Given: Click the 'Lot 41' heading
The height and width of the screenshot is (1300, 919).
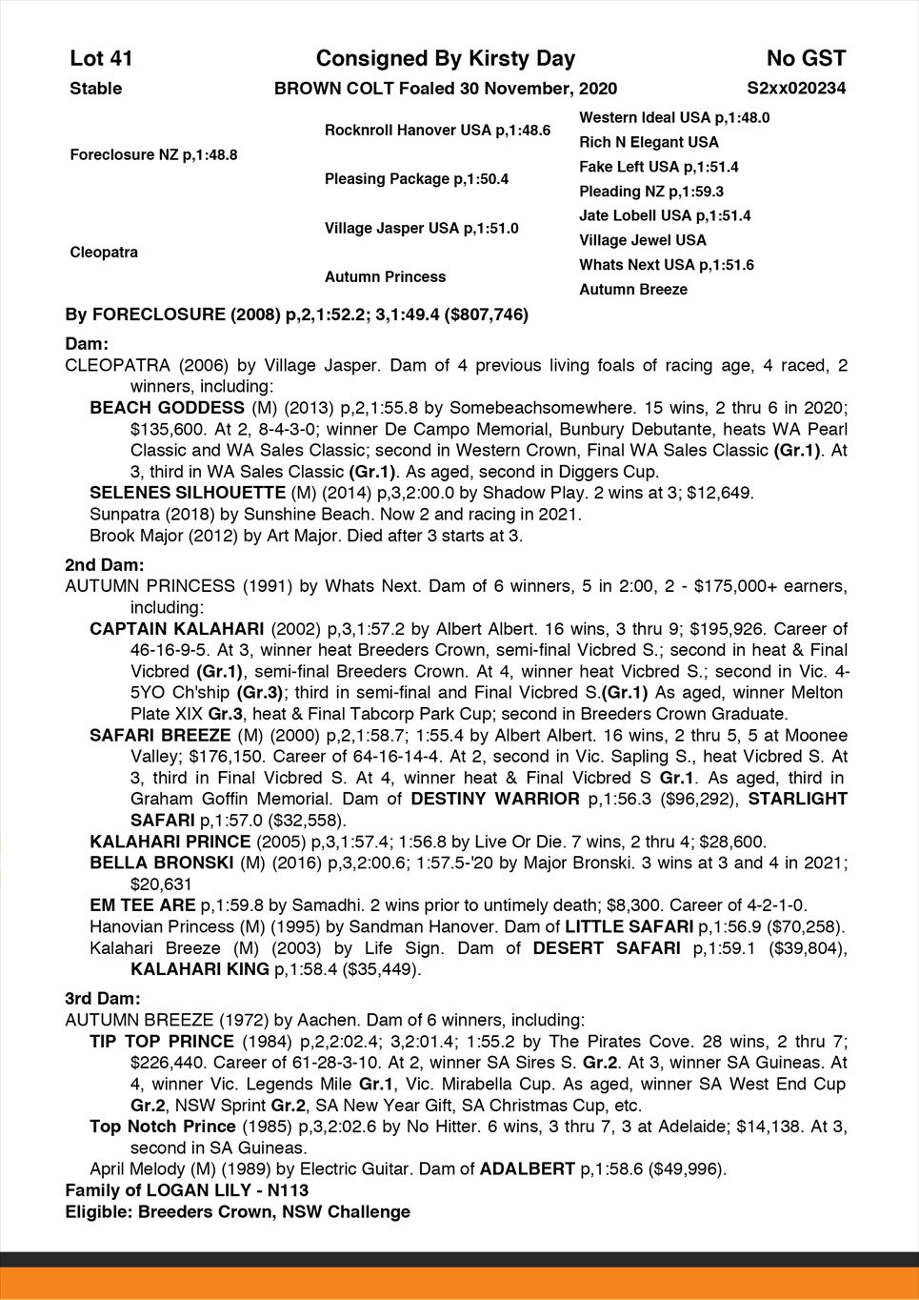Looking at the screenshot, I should (x=101, y=59).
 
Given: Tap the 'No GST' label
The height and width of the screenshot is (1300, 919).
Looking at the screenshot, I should (x=806, y=59).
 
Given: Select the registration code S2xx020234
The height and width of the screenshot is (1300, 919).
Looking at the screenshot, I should (x=796, y=89).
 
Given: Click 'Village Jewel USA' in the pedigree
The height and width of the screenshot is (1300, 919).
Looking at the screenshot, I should (x=643, y=240).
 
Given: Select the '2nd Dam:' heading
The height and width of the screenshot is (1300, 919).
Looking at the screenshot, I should (x=104, y=565).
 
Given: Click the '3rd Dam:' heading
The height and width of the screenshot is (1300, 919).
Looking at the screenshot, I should (x=102, y=999).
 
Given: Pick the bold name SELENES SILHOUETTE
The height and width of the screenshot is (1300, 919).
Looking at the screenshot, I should (x=187, y=493).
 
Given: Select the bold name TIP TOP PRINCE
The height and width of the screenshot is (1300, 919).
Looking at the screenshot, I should (x=162, y=1042).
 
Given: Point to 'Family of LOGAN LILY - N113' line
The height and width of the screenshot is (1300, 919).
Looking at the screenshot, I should (x=187, y=1190).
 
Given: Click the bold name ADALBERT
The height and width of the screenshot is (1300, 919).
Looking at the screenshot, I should (x=527, y=1169).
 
